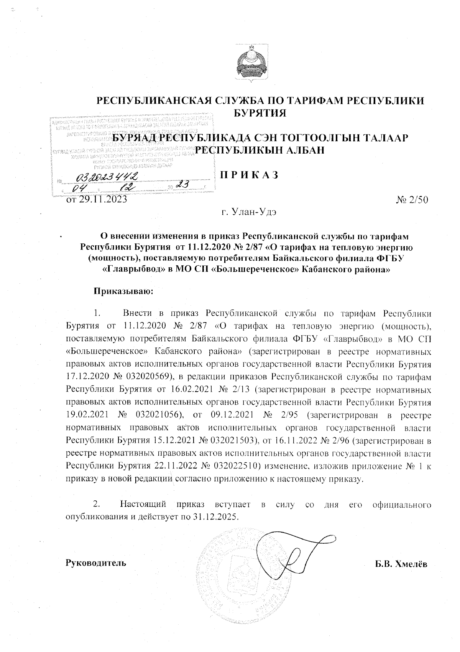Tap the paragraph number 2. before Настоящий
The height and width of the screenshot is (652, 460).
click(x=97, y=503)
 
